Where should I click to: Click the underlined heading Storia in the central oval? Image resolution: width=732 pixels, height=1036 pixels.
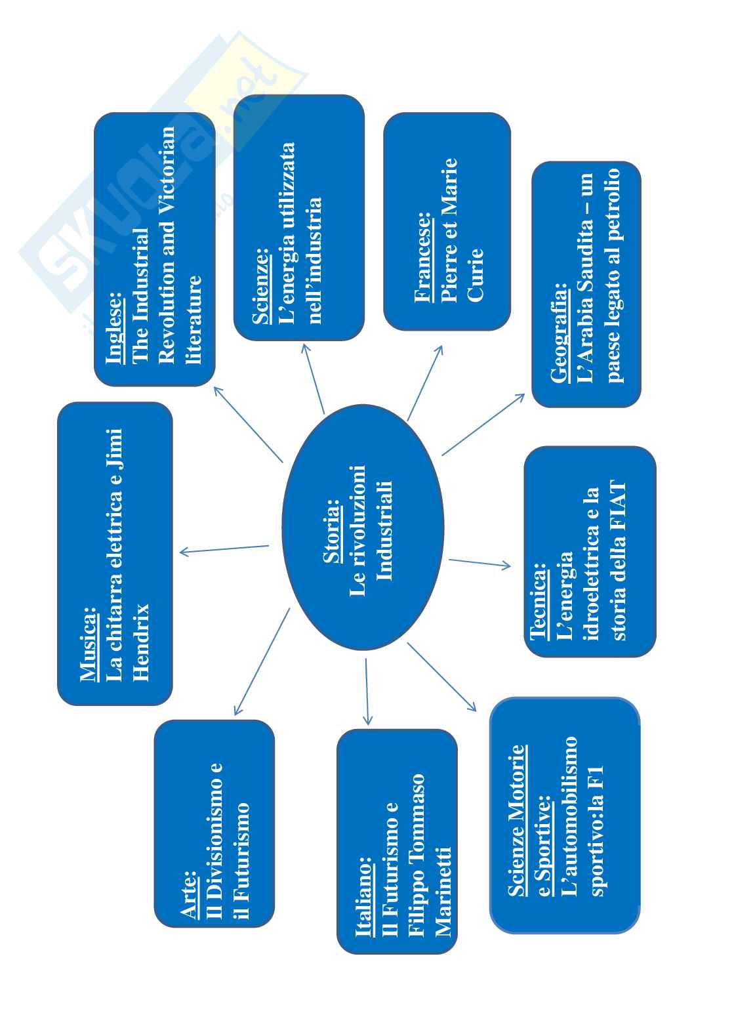[x=333, y=531]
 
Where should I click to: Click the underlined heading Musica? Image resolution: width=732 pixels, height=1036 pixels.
[x=88, y=644]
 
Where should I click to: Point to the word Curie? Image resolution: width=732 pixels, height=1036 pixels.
[x=476, y=275]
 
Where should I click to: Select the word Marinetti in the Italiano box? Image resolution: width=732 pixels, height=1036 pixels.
[x=443, y=892]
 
